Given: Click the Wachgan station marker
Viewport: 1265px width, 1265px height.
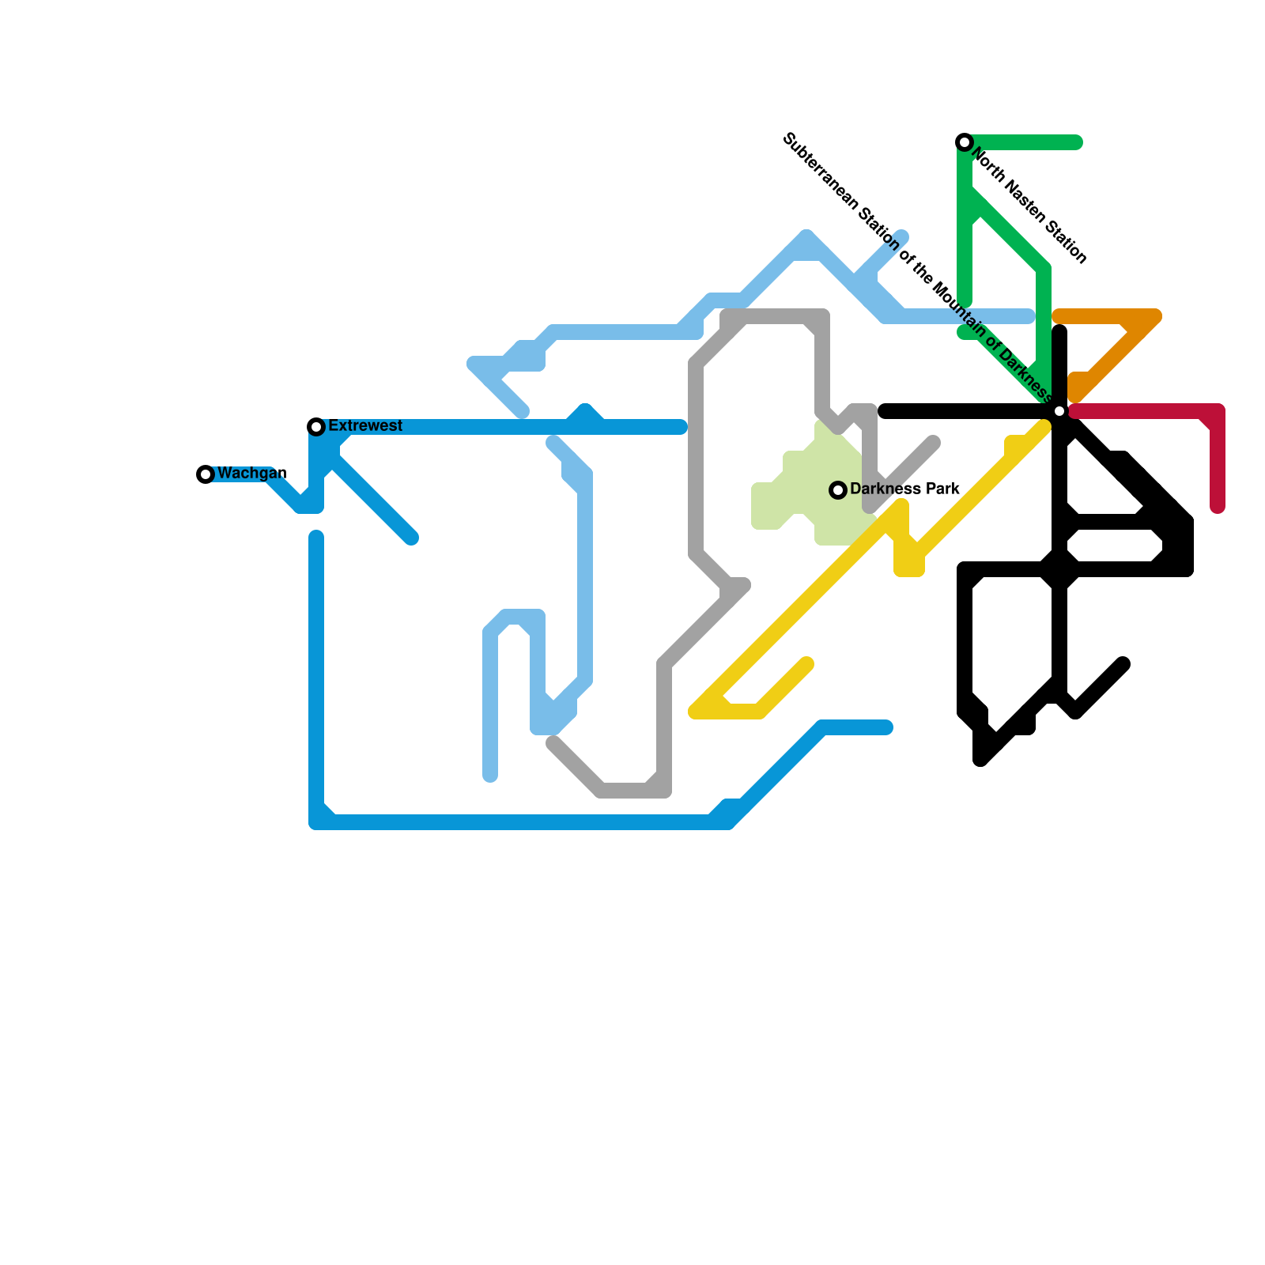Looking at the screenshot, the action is click(x=206, y=474).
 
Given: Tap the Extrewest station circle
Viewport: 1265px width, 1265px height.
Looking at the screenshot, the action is click(x=316, y=427).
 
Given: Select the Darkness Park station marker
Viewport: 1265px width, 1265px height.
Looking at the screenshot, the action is click(x=838, y=490).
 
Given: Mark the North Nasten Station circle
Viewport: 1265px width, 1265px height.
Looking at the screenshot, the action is click(x=965, y=142).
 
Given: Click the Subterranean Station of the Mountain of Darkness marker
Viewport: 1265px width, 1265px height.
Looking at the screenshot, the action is click(x=1059, y=411).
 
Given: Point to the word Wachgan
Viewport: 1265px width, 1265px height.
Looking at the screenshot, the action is click(x=251, y=474).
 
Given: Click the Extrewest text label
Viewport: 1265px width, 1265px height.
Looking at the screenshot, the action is click(x=365, y=426).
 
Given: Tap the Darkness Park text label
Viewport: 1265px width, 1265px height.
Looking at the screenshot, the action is click(x=904, y=489).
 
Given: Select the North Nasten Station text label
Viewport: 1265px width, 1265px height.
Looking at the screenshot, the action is click(x=1029, y=205).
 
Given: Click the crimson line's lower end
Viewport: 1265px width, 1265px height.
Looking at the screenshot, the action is click(x=1218, y=507).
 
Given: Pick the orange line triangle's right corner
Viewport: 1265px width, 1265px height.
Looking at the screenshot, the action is click(x=1155, y=317).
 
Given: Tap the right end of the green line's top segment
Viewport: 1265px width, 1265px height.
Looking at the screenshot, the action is click(x=1076, y=142).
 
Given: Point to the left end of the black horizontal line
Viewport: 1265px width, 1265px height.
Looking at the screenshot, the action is click(x=885, y=411).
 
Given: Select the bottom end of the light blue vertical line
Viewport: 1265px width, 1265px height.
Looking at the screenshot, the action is click(x=490, y=776).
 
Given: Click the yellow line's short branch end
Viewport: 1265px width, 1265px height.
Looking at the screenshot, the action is click(x=806, y=663).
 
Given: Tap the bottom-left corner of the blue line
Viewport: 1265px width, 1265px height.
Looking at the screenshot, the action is click(x=317, y=822).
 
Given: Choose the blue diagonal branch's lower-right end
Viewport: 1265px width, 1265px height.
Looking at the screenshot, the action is click(x=411, y=538).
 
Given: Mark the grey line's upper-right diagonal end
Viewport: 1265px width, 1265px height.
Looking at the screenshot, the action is click(x=934, y=443).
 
